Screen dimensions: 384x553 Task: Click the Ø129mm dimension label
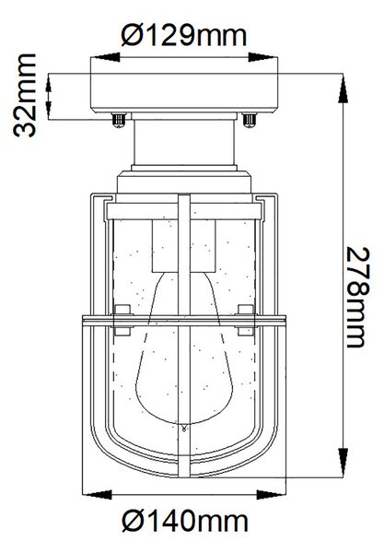coord(184,35)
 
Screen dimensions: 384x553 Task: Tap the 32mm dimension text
coord(25,95)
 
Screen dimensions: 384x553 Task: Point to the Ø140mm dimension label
coord(185,520)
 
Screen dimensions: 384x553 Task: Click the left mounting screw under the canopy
coord(119,120)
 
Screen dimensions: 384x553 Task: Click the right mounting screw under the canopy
coord(250,120)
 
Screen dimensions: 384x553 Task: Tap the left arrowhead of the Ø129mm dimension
coord(105,57)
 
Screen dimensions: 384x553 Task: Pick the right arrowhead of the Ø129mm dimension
coord(262,57)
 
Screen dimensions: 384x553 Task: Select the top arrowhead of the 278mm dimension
coord(343,90)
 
